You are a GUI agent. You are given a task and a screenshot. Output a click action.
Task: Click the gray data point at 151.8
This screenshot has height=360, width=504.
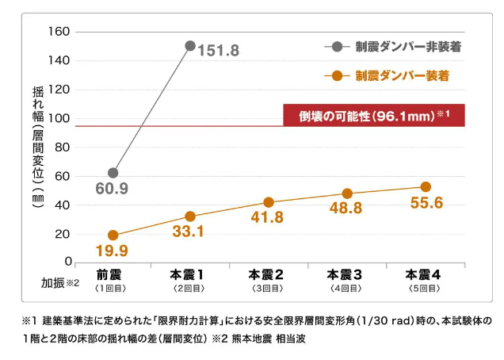point(190,46)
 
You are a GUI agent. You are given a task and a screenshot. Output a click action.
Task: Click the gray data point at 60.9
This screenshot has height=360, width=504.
point(113,173)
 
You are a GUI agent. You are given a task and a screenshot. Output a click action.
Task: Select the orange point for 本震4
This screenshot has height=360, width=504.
point(426,187)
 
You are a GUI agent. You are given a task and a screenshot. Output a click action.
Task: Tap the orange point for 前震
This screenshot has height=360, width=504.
point(113,236)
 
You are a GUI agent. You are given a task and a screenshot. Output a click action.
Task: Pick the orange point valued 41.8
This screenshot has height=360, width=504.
point(269,202)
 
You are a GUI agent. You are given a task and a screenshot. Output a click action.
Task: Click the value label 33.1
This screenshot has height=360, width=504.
point(189,232)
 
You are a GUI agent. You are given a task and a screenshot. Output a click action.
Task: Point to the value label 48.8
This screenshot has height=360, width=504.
point(346,208)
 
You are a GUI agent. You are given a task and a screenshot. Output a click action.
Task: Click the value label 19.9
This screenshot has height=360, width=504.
point(112,251)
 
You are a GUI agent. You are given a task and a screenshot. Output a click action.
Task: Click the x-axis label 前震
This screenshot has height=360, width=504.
point(110,274)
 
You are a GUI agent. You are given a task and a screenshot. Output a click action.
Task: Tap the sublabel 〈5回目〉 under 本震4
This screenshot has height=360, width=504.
point(424,289)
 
